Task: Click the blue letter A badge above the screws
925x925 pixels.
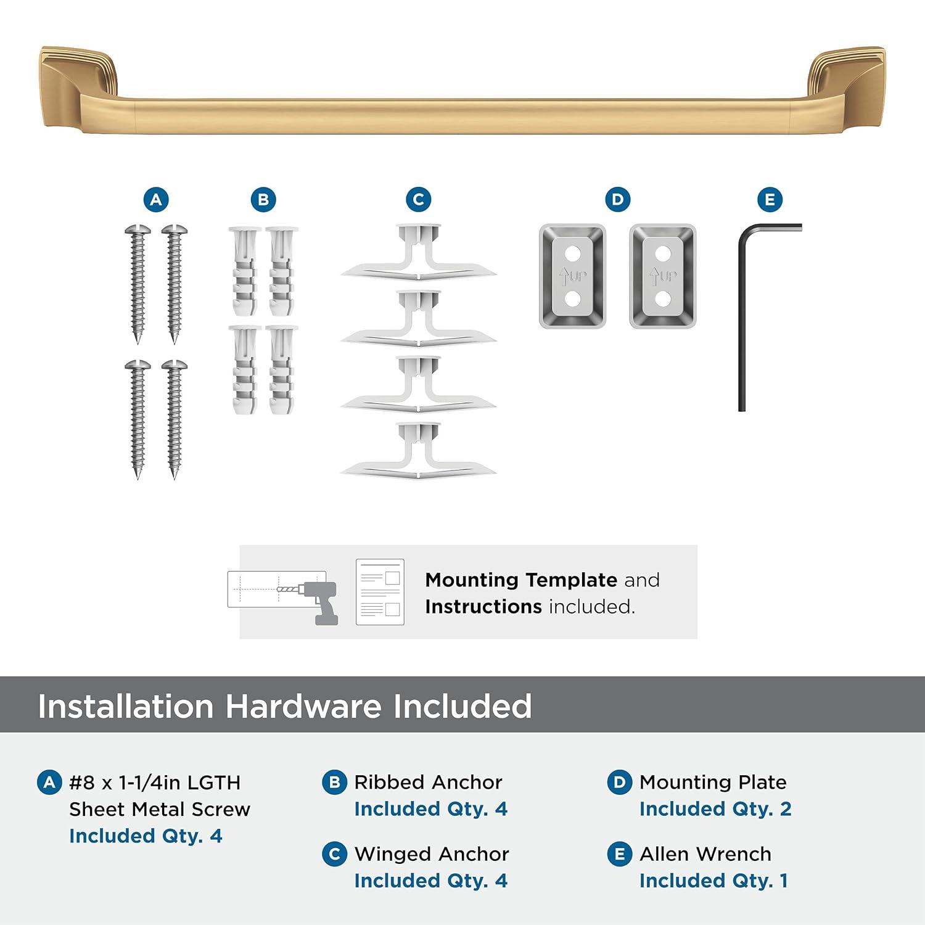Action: click(156, 200)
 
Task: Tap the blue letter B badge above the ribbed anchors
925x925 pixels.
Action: click(263, 200)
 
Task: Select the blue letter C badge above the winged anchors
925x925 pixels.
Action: click(418, 200)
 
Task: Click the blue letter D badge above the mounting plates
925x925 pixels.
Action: click(617, 200)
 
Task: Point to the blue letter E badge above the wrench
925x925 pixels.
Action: click(770, 200)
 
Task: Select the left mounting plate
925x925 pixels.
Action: click(572, 276)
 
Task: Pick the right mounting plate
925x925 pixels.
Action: click(662, 276)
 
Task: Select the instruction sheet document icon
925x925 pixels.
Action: click(380, 592)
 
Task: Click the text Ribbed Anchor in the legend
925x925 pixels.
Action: click(428, 782)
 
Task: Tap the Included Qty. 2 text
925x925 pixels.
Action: click(715, 809)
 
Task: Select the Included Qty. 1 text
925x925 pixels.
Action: click(713, 881)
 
